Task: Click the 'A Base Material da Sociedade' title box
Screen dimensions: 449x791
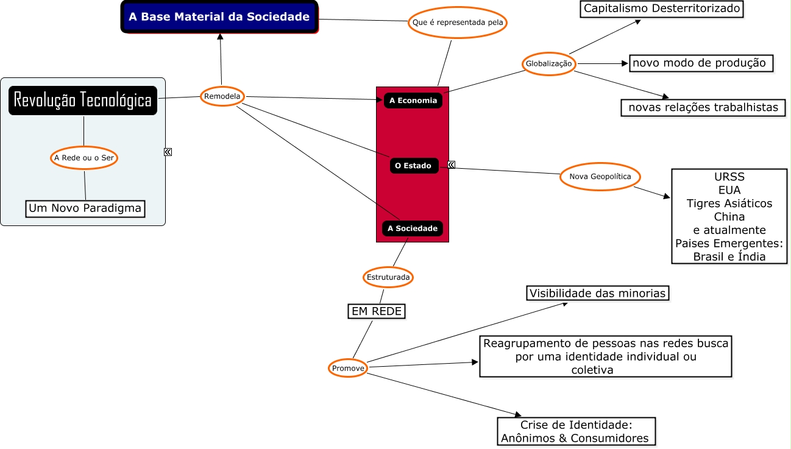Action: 219,17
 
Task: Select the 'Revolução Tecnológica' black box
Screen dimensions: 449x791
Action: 83,100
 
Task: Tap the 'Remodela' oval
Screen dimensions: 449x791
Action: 222,96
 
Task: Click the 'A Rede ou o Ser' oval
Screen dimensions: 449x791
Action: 83,158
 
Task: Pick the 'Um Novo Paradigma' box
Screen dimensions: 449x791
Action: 85,208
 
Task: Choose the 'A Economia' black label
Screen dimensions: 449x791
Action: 413,101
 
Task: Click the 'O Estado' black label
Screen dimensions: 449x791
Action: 413,165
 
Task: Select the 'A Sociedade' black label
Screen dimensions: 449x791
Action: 413,228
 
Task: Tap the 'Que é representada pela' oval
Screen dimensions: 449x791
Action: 457,23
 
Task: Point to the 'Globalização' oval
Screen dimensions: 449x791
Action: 548,63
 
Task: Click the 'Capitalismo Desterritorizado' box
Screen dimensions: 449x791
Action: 662,9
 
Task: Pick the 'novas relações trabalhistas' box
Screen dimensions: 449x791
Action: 703,107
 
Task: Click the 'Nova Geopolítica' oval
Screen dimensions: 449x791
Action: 600,177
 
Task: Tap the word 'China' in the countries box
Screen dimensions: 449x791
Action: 729,216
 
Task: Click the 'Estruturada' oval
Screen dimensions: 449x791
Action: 388,277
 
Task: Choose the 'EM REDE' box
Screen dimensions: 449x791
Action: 377,311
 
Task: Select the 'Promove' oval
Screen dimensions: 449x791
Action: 348,368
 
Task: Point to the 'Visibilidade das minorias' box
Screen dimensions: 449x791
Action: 597,293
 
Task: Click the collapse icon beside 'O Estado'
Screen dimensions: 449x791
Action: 452,164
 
